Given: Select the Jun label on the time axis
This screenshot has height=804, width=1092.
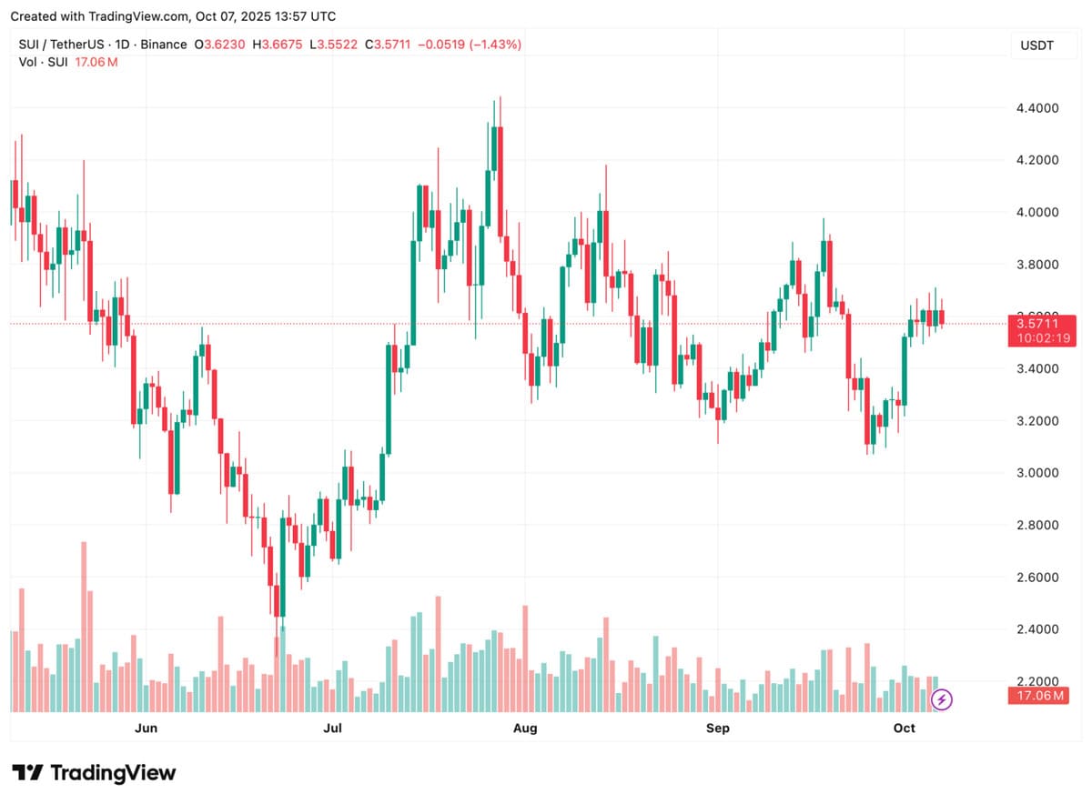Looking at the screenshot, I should click(146, 728).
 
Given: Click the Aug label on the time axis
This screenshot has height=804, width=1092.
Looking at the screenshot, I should click(525, 728).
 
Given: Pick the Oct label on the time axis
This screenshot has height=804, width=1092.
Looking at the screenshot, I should click(904, 728).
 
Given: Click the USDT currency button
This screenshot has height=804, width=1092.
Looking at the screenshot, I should click(1036, 45).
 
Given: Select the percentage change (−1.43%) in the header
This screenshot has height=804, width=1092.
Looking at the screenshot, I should click(495, 45).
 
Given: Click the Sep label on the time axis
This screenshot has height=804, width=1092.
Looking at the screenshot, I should click(718, 728).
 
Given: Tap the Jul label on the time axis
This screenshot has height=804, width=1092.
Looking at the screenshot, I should click(333, 728).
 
